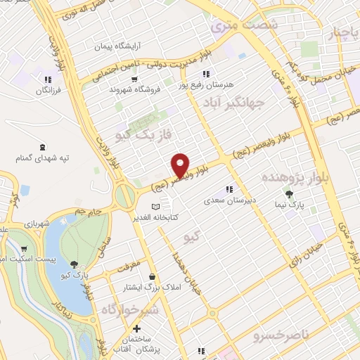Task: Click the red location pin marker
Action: [181, 165]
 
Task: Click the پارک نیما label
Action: [289, 204]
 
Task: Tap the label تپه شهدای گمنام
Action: [44, 158]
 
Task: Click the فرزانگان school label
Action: [47, 91]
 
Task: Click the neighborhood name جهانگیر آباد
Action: [236, 104]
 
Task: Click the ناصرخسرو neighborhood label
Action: [285, 335]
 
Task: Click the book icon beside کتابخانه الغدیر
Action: [156, 206]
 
